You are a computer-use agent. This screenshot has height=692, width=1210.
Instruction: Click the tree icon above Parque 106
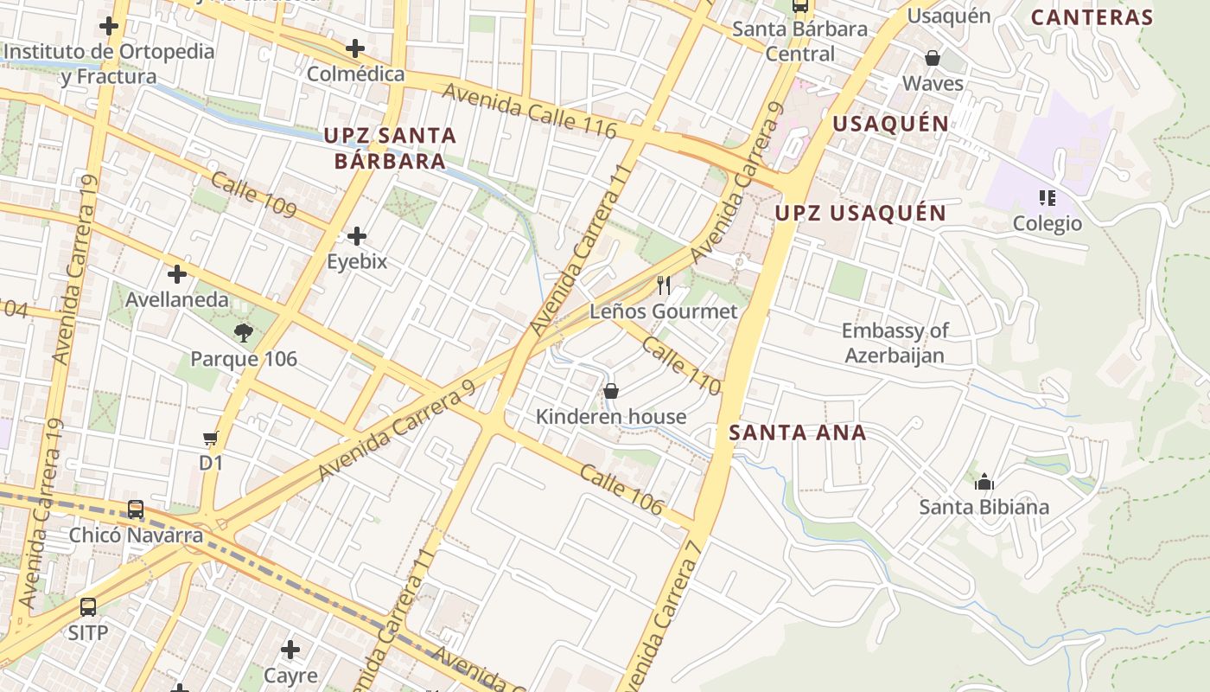click(244, 332)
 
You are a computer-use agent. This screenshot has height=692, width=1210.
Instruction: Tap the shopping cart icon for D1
click(211, 439)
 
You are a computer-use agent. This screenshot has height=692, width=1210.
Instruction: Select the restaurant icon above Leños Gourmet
click(664, 285)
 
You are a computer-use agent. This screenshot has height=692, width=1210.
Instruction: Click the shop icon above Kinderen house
click(611, 391)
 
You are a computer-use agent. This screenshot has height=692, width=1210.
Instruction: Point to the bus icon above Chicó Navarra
click(136, 509)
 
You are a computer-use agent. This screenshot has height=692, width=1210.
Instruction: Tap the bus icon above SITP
click(88, 607)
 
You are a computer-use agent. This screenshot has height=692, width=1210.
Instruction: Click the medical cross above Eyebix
click(356, 235)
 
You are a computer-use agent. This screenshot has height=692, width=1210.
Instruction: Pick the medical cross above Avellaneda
click(177, 274)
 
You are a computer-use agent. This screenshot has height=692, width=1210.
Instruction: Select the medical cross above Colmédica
click(355, 48)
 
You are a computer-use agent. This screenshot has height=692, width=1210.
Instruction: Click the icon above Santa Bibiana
click(984, 482)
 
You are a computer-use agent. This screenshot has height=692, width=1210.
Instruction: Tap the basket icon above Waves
click(933, 58)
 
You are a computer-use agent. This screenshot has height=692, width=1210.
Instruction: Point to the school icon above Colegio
click(1048, 198)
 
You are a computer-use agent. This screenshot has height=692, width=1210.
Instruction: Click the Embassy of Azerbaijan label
click(895, 343)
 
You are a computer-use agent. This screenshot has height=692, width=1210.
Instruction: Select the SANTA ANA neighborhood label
click(797, 432)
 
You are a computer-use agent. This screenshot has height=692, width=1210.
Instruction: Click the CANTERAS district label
click(1092, 17)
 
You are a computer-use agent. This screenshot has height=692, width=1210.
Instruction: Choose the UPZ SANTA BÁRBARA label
click(390, 148)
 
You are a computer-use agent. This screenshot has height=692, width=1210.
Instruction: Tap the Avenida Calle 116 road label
click(529, 111)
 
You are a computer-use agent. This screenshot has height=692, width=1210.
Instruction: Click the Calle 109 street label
click(254, 195)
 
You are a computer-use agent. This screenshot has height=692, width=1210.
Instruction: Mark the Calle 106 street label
click(621, 490)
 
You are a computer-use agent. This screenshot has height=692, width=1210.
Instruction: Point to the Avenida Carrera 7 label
click(660, 616)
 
